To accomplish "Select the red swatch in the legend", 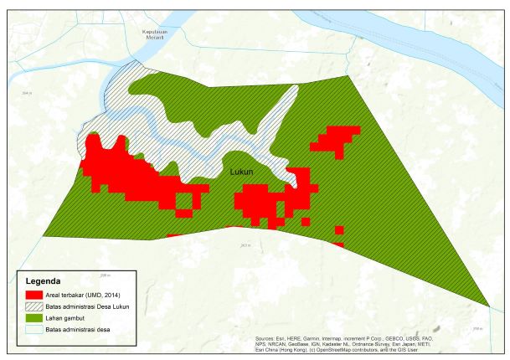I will tap(34, 296).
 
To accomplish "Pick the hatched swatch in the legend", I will tap(34, 309).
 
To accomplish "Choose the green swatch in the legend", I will tap(34, 321).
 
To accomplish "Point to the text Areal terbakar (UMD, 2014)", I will tap(85, 296).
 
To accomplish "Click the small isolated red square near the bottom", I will tap(339, 229).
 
